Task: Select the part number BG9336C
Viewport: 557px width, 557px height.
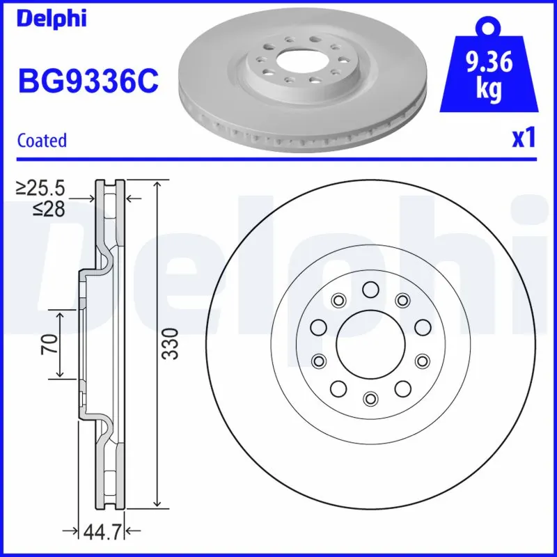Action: point(88,81)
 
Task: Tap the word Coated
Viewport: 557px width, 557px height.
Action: point(42,140)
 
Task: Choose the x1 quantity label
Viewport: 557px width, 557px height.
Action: point(524,139)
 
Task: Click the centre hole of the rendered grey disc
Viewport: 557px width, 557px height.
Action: point(297,59)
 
